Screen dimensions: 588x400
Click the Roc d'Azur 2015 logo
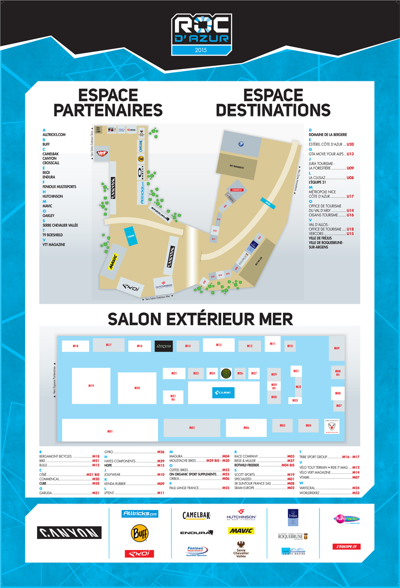pyautogui.click(x=200, y=34)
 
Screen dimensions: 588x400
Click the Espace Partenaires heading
pyautogui.click(x=108, y=102)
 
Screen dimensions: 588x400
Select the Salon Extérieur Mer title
pyautogui.click(x=200, y=319)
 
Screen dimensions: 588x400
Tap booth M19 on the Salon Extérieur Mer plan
pyautogui.click(x=91, y=386)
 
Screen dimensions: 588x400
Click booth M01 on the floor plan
pyautogui.click(x=109, y=430)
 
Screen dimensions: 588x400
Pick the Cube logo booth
pyautogui.click(x=223, y=393)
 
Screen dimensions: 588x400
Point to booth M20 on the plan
pyautogui.click(x=137, y=388)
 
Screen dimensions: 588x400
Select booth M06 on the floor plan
pyautogui.click(x=246, y=428)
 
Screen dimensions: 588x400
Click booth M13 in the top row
pyautogui.click(x=218, y=345)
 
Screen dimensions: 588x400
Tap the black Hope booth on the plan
pyautogui.click(x=163, y=346)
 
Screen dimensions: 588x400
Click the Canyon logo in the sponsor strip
pyautogui.click(x=69, y=532)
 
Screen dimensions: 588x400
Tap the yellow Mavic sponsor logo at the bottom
pyautogui.click(x=241, y=531)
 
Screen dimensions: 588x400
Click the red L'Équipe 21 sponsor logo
pyautogui.click(x=346, y=547)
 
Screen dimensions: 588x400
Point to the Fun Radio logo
pyautogui.click(x=346, y=519)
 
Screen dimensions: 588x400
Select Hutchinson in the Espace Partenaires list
pyautogui.click(x=52, y=196)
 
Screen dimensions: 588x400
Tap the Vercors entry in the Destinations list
pyautogui.click(x=316, y=234)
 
